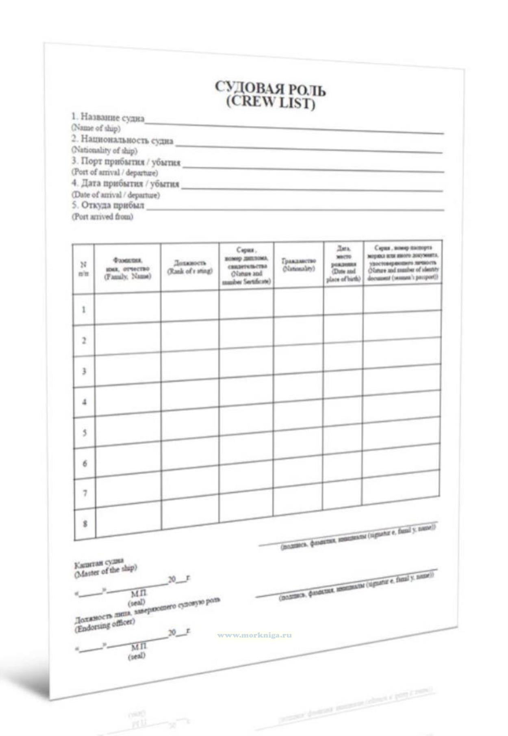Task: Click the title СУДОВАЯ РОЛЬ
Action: click(270, 88)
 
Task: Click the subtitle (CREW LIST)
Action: click(271, 102)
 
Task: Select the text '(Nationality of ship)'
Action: click(104, 150)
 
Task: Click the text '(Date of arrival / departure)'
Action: click(116, 195)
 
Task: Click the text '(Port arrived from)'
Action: click(102, 217)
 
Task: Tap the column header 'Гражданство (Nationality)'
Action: click(299, 265)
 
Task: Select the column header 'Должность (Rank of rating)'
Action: click(190, 267)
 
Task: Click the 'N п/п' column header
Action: click(83, 269)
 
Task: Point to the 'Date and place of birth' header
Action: click(343, 264)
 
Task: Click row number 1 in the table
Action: click(84, 310)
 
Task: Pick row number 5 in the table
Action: click(85, 433)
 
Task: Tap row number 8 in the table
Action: click(85, 524)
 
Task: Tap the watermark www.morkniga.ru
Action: click(254, 635)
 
